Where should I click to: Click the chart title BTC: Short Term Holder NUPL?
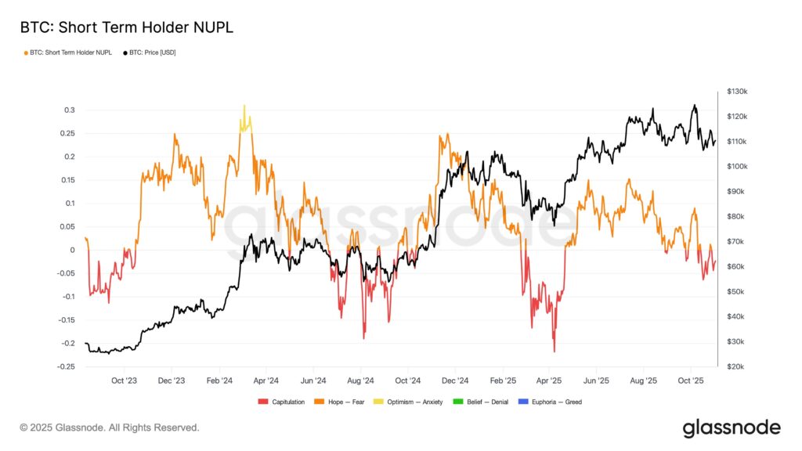[126, 27]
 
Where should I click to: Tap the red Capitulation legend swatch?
[263, 402]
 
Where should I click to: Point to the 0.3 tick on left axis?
[70, 110]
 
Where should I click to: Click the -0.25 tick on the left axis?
[67, 366]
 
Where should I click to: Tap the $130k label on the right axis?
[738, 92]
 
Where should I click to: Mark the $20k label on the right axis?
[736, 366]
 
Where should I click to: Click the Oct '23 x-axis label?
[124, 381]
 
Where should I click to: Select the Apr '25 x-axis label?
[549, 381]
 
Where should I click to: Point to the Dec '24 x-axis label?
[454, 381]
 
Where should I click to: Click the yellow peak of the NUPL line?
[244, 106]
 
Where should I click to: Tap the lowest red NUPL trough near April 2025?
[554, 351]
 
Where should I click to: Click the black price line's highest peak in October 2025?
[693, 106]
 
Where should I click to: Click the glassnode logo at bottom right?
[731, 428]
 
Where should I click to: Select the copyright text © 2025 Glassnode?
[110, 428]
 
